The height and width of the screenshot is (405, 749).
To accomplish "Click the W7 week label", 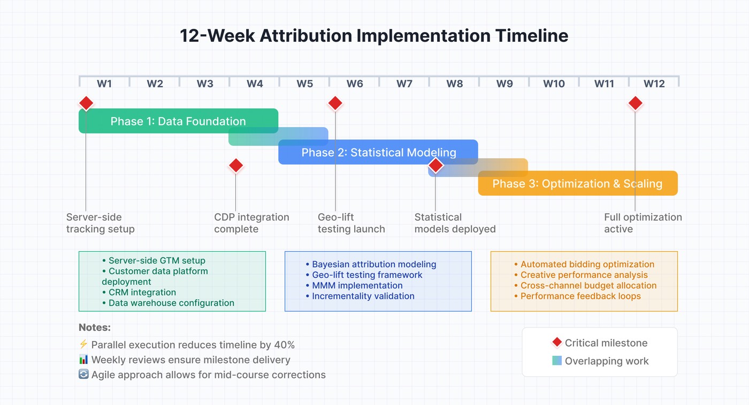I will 404,84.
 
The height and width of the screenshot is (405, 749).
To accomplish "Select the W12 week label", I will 654,84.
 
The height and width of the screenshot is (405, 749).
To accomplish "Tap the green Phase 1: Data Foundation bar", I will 178,121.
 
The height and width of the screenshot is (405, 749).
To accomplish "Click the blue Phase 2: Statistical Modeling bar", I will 378,152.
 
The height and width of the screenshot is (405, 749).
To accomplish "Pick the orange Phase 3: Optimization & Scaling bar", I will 577,184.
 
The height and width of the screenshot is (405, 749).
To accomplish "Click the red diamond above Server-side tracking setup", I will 86,103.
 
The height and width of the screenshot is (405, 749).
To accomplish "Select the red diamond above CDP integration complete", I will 236,166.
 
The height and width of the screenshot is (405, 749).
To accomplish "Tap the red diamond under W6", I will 335,103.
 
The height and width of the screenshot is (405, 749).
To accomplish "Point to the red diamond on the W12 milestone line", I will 635,103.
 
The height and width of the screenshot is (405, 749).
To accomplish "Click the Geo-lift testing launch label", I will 351,223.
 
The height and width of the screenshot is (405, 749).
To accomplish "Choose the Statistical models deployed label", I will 455,223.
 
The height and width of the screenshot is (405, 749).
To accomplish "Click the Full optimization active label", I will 643,223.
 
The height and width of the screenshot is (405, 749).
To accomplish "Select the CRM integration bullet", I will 142,292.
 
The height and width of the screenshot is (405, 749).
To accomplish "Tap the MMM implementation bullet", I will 357,285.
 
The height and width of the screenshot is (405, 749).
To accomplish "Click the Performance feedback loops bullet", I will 580,296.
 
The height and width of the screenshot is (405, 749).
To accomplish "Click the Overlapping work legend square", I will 557,361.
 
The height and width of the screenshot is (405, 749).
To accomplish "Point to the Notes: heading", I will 95,328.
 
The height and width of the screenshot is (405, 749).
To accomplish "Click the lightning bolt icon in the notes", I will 83,345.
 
